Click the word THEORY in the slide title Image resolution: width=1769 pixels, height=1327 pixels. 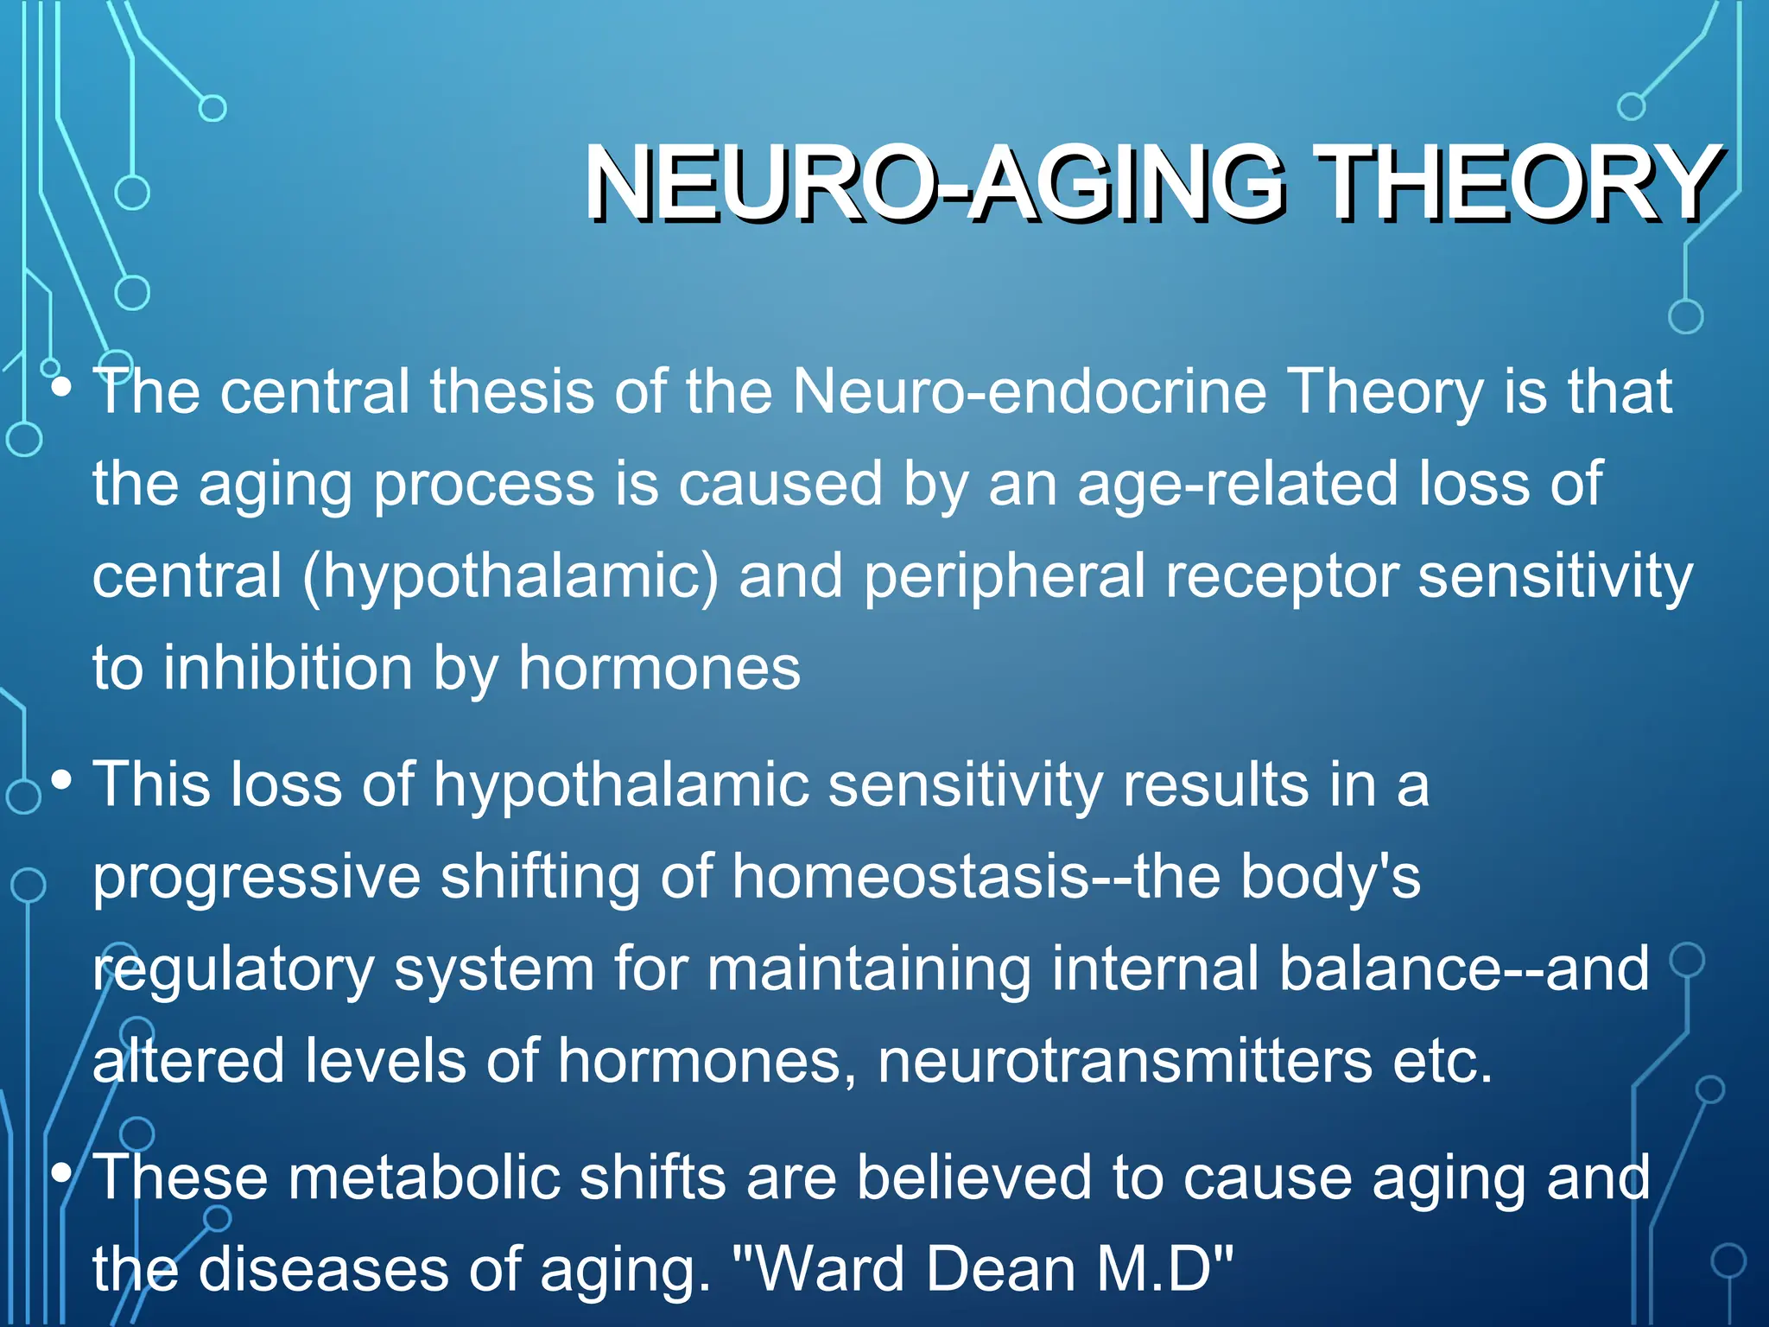pyautogui.click(x=1520, y=183)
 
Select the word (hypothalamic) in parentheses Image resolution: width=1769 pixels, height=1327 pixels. pyautogui.click(x=510, y=577)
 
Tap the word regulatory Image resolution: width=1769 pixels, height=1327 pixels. pyautogui.click(x=233, y=969)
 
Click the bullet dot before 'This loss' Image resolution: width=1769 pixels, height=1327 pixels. pyautogui.click(x=60, y=780)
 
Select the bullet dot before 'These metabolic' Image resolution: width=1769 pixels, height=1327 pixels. pyautogui.click(x=60, y=1172)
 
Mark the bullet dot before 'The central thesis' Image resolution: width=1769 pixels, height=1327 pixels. pyautogui.click(x=60, y=387)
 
